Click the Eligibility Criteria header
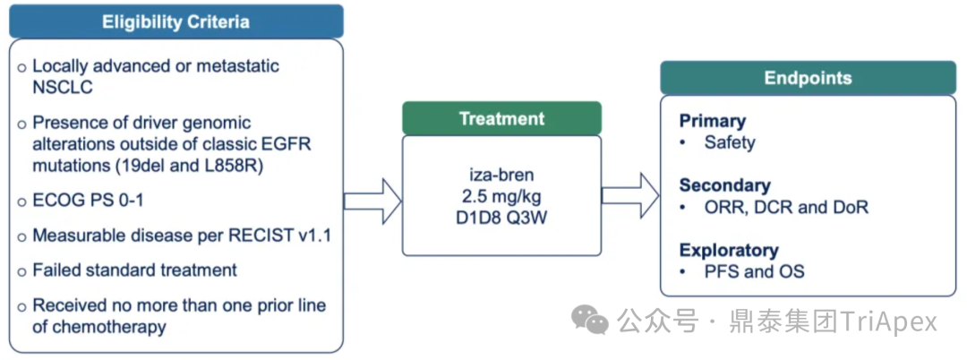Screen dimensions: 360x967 click(x=175, y=21)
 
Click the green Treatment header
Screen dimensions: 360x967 click(x=501, y=118)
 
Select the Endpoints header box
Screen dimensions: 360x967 click(x=808, y=78)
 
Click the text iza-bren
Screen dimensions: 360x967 click(x=501, y=172)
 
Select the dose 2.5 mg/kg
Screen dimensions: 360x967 click(x=501, y=194)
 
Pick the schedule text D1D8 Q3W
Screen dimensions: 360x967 click(x=501, y=217)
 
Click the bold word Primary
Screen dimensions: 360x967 click(x=712, y=121)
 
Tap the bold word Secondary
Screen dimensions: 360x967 click(x=724, y=185)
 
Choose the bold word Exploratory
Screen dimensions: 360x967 click(x=729, y=250)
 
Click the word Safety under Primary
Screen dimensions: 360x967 click(x=729, y=142)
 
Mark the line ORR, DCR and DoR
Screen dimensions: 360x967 click(x=785, y=207)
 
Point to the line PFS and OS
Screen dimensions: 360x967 click(x=754, y=271)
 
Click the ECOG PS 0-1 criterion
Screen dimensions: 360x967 click(x=88, y=201)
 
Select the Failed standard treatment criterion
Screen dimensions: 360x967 click(x=134, y=270)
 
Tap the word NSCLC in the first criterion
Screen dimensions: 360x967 click(x=62, y=88)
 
